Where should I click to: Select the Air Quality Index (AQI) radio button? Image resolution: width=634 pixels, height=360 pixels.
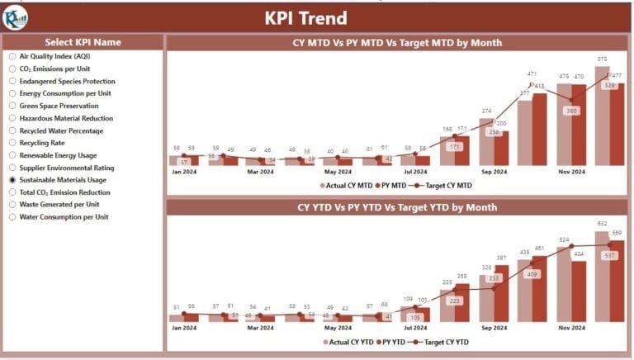tap(12, 56)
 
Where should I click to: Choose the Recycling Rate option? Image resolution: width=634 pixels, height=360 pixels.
tap(12, 143)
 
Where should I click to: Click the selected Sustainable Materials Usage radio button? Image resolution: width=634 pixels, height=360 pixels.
tap(12, 179)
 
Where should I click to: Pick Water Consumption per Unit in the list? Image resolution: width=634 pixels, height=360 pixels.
tap(12, 216)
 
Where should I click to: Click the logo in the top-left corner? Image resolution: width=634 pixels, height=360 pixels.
tap(15, 17)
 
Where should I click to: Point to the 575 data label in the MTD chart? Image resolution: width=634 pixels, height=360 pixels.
tap(603, 59)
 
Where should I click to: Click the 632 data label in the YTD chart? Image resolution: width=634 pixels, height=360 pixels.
tap(603, 223)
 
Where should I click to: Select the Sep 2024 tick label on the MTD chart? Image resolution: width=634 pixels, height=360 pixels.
tap(494, 172)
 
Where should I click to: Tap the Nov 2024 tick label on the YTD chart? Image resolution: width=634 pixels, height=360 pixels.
tap(571, 328)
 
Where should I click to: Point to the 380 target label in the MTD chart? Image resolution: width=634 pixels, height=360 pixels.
tap(570, 111)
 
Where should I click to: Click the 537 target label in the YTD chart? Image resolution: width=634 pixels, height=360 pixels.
tap(610, 255)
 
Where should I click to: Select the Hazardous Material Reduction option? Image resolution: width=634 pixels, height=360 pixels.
tap(12, 118)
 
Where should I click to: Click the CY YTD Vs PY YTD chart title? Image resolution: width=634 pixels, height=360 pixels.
tap(397, 207)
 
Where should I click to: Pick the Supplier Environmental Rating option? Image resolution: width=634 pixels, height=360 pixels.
tap(12, 167)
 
